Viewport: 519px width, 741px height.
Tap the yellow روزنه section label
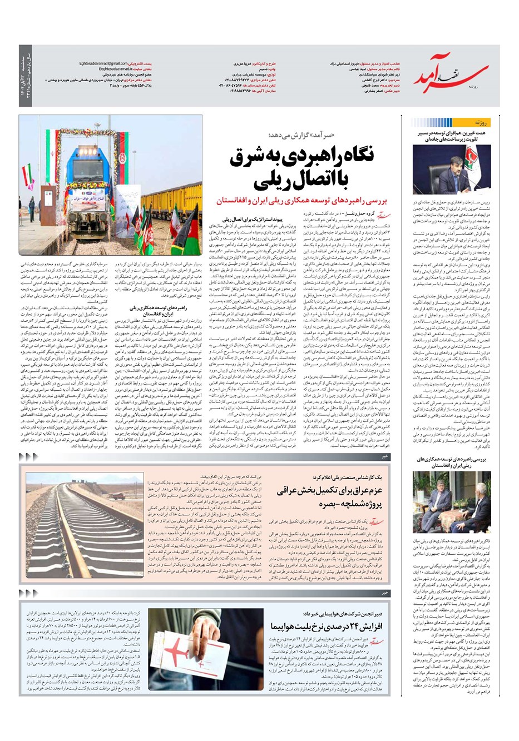pyautogui.click(x=480, y=122)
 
